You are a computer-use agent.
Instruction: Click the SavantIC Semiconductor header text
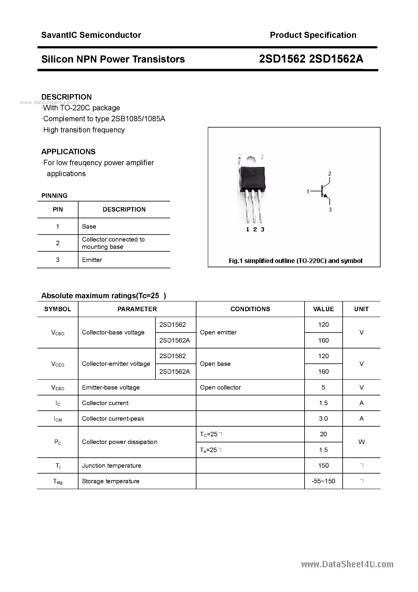click(91, 35)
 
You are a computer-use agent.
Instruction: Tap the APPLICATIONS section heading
click(68, 152)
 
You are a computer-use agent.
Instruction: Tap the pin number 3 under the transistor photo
click(262, 229)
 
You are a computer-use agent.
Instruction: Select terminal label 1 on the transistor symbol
click(308, 191)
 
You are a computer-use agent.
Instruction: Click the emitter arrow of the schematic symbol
click(326, 196)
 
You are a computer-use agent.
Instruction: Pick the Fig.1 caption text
click(295, 261)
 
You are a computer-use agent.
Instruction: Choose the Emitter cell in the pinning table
click(92, 260)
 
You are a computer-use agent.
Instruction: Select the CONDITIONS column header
click(250, 309)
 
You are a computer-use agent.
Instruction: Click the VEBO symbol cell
click(58, 388)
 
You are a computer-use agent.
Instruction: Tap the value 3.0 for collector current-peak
click(323, 418)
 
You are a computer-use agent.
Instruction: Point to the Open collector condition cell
click(220, 387)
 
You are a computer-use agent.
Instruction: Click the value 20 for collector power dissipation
click(323, 434)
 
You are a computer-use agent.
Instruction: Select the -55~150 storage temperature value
click(323, 481)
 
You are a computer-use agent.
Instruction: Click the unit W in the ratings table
click(361, 442)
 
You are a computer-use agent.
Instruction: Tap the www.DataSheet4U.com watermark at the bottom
click(347, 564)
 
